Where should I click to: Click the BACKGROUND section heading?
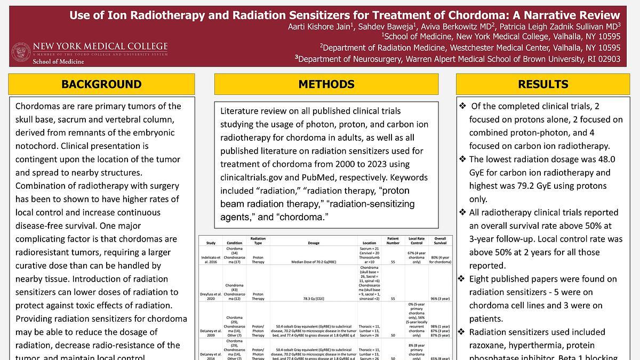point(101,84)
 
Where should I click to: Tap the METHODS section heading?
point(326,84)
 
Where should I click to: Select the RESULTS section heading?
point(543,84)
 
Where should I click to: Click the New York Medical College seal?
point(20,52)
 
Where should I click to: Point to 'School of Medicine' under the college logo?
point(58,62)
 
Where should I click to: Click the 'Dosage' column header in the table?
point(314,243)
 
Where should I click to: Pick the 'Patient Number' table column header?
point(393,241)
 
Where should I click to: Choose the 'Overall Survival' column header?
point(440,241)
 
